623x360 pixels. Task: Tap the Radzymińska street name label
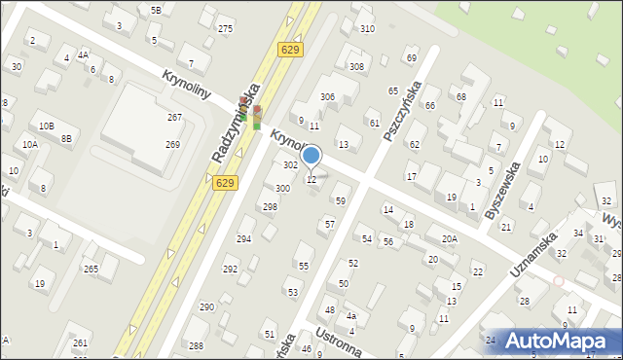click(235, 127)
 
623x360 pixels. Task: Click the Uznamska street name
click(534, 256)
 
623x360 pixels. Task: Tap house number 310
click(367, 29)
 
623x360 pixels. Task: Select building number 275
click(225, 29)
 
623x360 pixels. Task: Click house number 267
click(173, 117)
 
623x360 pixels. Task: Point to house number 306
click(328, 96)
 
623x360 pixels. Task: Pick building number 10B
click(47, 126)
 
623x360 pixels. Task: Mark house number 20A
click(449, 238)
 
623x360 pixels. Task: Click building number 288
click(196, 345)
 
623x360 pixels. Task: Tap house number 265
click(91, 269)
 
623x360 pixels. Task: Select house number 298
click(270, 207)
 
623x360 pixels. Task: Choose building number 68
click(460, 97)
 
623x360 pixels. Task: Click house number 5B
click(156, 10)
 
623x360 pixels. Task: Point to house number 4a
click(351, 316)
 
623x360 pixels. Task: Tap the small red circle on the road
click(558, 281)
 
